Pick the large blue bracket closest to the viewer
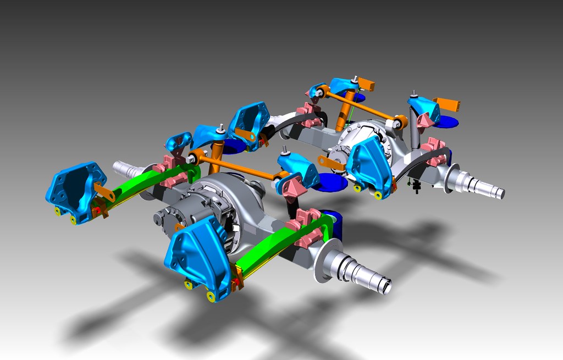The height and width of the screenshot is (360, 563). pos(198,259)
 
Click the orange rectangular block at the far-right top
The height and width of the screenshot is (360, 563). pos(447,104)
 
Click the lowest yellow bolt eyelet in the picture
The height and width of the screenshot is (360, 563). pos(210,297)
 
